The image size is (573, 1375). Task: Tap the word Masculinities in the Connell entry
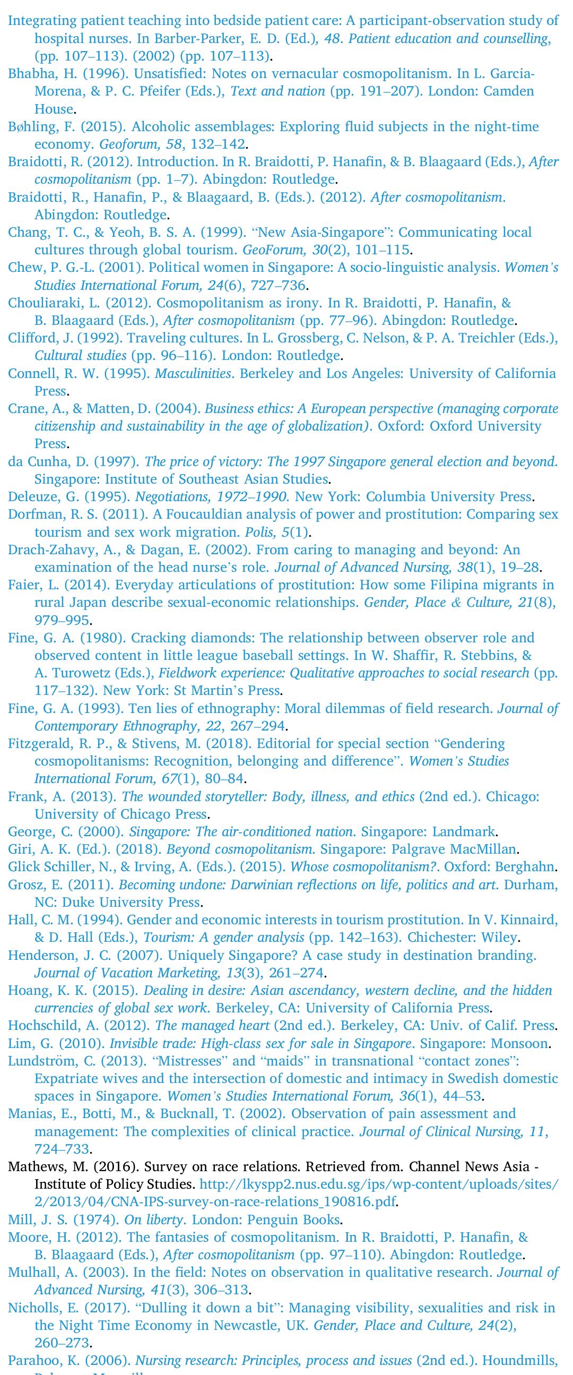tap(193, 374)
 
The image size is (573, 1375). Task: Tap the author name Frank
tap(25, 797)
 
